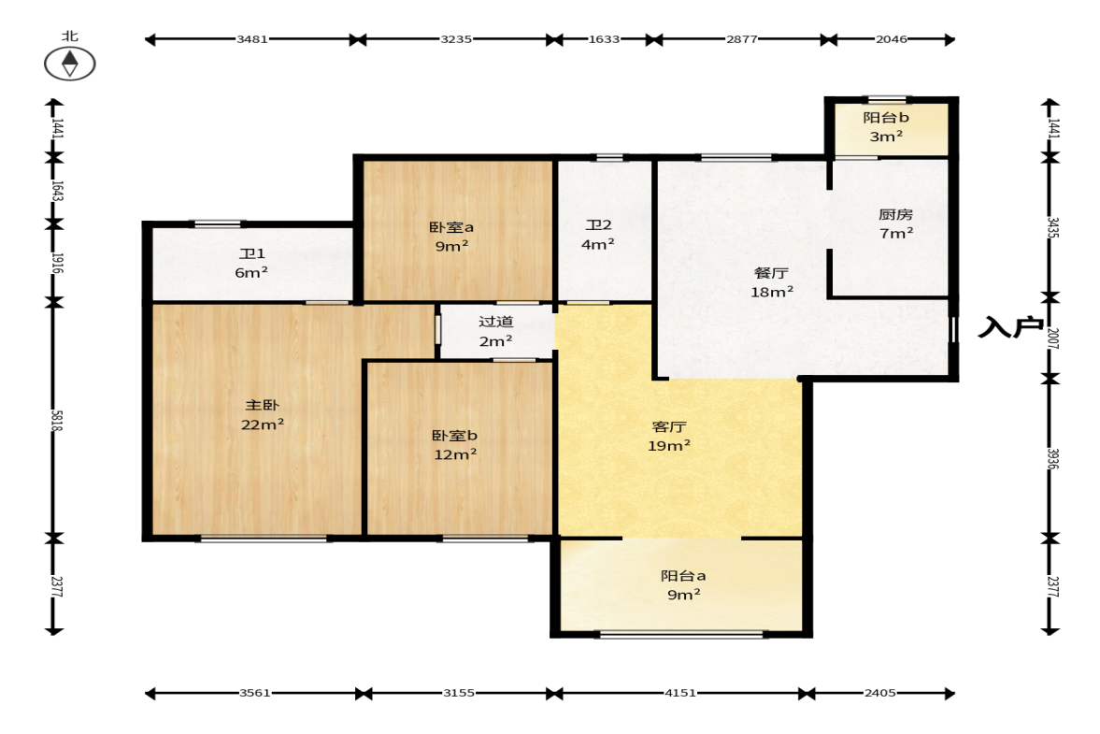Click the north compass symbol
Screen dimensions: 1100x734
pos(69,64)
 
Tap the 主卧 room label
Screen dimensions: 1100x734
pos(263,405)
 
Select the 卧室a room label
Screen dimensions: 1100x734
pos(451,227)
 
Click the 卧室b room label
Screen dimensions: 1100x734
pos(454,436)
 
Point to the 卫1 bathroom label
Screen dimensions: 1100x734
pos(251,253)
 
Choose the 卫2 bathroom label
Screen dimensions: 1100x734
pos(598,225)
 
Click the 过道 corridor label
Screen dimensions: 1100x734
pos(496,322)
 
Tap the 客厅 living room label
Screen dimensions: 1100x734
pos(669,426)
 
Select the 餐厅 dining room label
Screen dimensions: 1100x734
pos(771,273)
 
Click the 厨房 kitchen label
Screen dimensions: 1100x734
pos(896,214)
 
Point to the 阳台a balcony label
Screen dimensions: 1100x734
pos(683,576)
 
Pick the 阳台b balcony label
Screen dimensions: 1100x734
pos(886,118)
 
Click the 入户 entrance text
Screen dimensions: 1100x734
pos(1011,327)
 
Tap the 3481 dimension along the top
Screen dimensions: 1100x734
pos(251,39)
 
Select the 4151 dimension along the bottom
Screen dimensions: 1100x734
pos(680,693)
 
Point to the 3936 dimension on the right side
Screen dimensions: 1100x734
pos(1053,458)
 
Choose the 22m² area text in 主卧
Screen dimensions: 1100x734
pos(263,425)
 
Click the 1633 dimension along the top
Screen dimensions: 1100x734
pos(604,39)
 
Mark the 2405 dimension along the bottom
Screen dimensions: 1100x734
pos(879,693)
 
